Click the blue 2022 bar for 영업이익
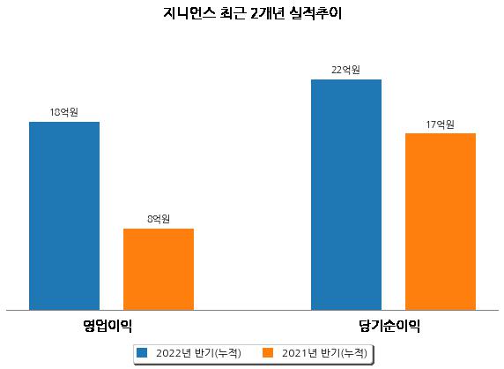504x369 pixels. click(64, 216)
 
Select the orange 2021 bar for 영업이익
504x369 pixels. click(159, 269)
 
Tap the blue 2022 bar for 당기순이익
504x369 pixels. click(346, 195)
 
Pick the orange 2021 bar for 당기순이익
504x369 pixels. click(441, 222)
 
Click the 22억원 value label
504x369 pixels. click(346, 70)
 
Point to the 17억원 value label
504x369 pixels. click(440, 124)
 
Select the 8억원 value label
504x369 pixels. click(159, 219)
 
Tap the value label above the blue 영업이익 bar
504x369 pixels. click(64, 112)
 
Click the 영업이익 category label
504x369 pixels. click(107, 326)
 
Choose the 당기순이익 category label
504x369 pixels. click(389, 326)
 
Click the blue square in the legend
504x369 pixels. click(142, 352)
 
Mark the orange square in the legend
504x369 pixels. click(268, 352)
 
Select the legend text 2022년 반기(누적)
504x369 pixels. click(198, 353)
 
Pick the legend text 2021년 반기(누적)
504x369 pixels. click(324, 353)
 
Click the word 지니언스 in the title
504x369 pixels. click(189, 13)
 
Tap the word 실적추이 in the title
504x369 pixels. click(315, 13)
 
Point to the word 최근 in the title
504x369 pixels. click(233, 13)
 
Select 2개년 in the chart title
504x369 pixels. click(268, 13)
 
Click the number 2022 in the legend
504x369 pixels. click(168, 353)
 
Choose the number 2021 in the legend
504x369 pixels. click(294, 353)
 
